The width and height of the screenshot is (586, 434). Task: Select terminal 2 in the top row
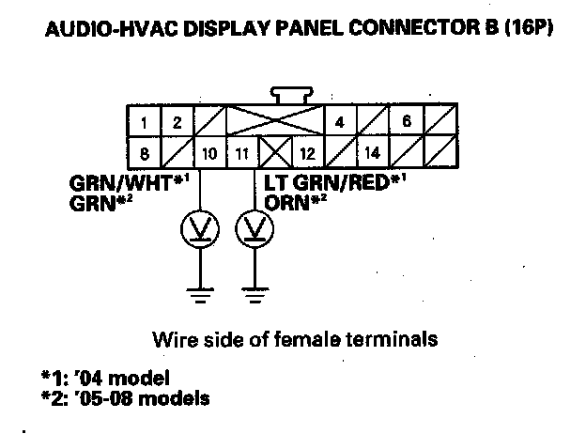176,122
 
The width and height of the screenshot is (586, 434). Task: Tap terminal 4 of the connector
339,122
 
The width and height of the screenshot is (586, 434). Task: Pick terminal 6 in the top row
407,122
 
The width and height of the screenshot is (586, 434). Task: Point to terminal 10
208,150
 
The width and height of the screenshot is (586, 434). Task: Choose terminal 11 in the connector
240,150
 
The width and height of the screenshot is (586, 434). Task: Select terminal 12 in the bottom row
306,150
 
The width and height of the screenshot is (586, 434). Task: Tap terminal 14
372,150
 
